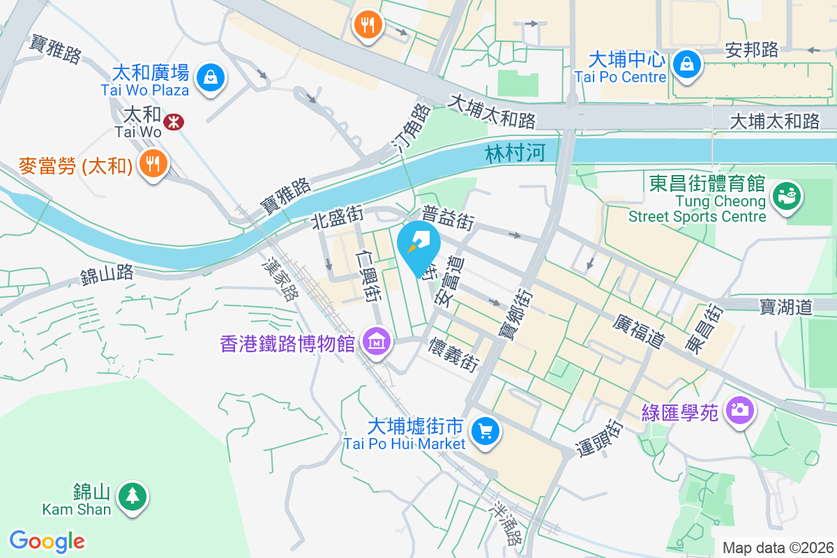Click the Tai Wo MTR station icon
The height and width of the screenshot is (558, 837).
click(x=173, y=123)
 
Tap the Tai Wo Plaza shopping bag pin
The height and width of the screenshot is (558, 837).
click(x=210, y=76)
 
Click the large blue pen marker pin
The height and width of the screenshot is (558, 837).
click(x=418, y=246)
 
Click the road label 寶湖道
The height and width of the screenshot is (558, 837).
click(x=786, y=305)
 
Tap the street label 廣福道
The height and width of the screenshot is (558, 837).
click(x=638, y=331)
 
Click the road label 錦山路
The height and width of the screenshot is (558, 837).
click(x=107, y=273)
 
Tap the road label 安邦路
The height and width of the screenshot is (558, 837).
click(x=751, y=50)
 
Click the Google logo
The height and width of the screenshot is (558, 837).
click(x=47, y=541)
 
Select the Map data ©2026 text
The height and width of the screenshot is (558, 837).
click(x=777, y=548)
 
